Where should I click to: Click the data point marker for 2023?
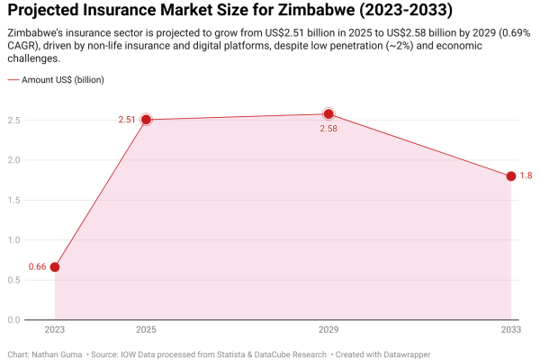55,267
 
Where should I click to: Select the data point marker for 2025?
146,119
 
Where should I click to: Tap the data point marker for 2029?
328,114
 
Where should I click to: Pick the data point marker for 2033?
511,176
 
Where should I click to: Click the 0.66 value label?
37,267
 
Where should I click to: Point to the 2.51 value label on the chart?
127,119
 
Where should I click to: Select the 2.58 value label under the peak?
328,130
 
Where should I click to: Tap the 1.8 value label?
526,176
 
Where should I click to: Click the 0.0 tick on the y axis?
14,319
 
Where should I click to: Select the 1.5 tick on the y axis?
14,200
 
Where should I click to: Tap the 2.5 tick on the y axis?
14,120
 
